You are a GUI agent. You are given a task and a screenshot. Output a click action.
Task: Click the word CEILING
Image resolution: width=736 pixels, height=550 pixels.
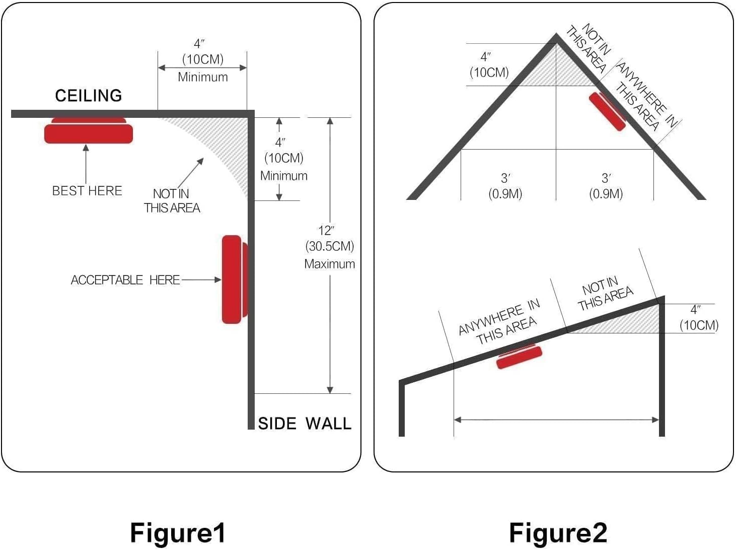(88, 96)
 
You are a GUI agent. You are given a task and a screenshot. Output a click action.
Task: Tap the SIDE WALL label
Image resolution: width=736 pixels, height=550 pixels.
(304, 424)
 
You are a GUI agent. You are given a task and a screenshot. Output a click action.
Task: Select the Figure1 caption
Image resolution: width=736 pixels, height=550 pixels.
(177, 533)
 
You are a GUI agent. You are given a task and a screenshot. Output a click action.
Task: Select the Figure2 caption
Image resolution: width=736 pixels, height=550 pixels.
(558, 533)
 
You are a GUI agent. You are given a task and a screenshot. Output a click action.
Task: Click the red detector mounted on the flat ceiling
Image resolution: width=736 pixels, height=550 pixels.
(89, 132)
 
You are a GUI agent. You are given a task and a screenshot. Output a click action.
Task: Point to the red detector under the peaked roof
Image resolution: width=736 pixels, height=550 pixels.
(607, 111)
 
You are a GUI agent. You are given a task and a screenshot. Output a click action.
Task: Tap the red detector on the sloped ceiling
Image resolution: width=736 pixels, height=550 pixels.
(519, 357)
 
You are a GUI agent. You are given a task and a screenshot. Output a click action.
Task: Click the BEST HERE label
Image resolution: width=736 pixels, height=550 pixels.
(87, 191)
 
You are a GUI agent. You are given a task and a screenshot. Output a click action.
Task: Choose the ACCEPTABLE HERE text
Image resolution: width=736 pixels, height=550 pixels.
(125, 280)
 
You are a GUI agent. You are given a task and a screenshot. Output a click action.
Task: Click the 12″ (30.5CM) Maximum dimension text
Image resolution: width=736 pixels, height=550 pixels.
(329, 247)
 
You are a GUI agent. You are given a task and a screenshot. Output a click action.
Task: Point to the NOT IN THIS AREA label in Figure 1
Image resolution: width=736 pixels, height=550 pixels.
(172, 200)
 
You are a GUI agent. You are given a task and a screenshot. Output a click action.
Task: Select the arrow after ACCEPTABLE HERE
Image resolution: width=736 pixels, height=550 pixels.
(201, 280)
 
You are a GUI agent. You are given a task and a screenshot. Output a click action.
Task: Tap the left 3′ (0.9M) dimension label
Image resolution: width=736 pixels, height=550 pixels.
(505, 186)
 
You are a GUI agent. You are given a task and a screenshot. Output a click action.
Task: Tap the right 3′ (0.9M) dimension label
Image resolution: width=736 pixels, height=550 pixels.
(606, 186)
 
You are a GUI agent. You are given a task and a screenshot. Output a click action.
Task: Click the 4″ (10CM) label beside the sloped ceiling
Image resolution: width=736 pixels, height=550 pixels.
(698, 318)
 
